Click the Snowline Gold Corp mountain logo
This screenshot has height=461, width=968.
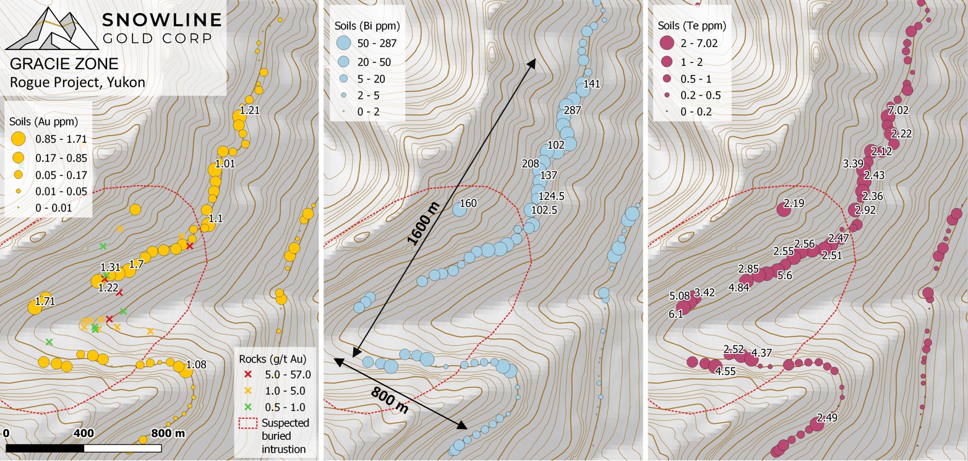[51, 28]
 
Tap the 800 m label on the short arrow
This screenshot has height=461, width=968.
[390, 400]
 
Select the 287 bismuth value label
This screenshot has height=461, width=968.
[573, 111]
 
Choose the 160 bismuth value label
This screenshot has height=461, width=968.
[468, 203]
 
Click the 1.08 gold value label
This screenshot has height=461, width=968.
[196, 364]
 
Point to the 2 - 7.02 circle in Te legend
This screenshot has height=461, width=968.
[666, 43]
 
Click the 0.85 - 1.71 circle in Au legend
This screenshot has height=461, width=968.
[19, 139]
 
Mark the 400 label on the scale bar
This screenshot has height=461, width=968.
[84, 433]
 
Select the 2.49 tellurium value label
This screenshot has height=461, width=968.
[827, 418]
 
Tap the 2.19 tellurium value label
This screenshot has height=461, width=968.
[794, 203]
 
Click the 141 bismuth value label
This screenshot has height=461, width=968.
[592, 84]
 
